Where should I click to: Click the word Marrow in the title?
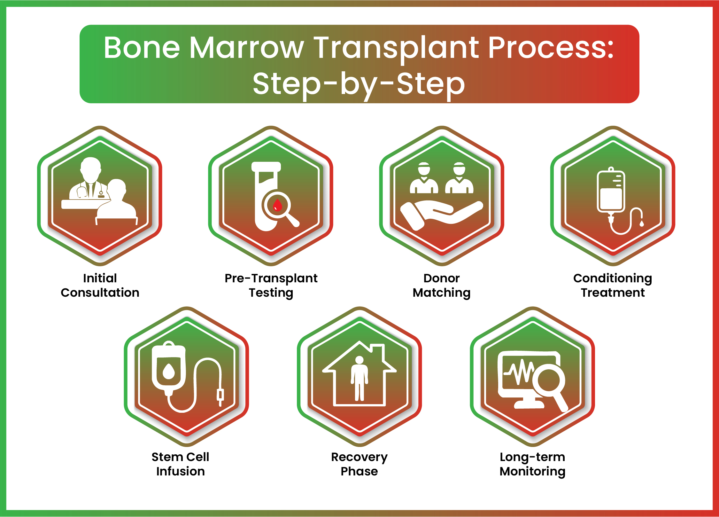pyautogui.click(x=246, y=48)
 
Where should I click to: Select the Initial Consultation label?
pyautogui.click(x=100, y=285)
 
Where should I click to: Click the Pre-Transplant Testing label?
pyautogui.click(x=271, y=286)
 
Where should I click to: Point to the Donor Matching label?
pyautogui.click(x=442, y=286)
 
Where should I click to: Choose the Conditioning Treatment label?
pyautogui.click(x=613, y=286)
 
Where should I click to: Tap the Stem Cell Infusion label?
pyautogui.click(x=180, y=464)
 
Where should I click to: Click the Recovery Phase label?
pyautogui.click(x=359, y=464)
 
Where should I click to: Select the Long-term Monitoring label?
pyautogui.click(x=532, y=464)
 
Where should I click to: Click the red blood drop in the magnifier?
pyautogui.click(x=277, y=205)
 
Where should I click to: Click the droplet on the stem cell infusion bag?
pyautogui.click(x=169, y=371)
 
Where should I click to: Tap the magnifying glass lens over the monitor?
pyautogui.click(x=549, y=380)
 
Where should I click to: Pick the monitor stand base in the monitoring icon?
pyautogui.click(x=529, y=405)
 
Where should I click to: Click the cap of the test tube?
pyautogui.click(x=266, y=167)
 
